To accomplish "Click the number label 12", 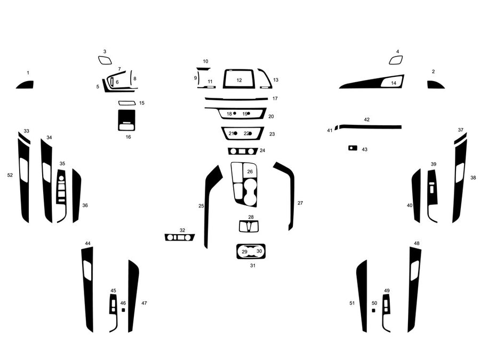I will (239, 80).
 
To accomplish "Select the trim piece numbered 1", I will (26, 85).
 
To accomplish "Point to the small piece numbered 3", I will (105, 60).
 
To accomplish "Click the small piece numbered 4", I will (396, 60).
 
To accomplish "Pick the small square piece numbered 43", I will (352, 148).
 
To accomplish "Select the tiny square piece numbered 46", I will (123, 309).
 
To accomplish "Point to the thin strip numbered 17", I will (236, 99).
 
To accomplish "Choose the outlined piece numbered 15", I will (126, 103).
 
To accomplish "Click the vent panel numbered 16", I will (126, 120).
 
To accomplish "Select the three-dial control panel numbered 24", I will (242, 151).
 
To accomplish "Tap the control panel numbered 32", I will (180, 237).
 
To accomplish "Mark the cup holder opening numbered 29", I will (245, 252).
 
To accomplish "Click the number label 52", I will (10, 175).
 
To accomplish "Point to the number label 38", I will (473, 178).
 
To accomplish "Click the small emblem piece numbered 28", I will (250, 226).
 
